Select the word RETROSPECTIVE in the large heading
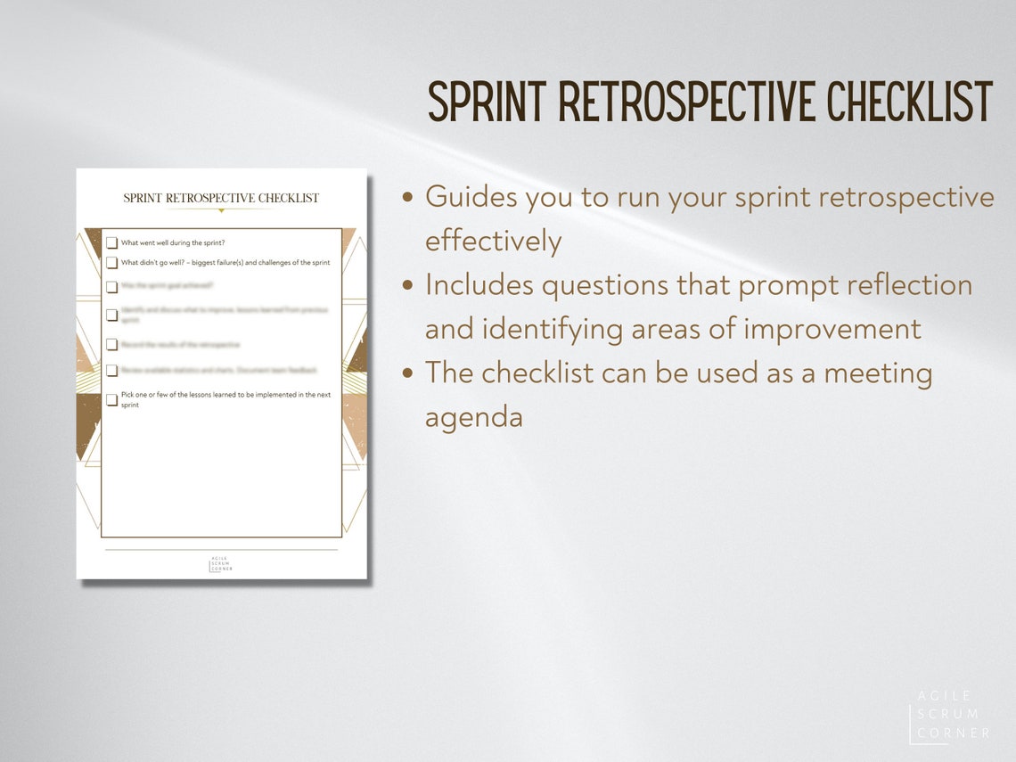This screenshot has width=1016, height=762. [686, 102]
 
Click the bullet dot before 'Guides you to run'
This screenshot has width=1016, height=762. [408, 198]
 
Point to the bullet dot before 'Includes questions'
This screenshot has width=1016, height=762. [408, 286]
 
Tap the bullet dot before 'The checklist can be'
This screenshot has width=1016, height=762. [408, 373]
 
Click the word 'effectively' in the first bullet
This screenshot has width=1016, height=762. [493, 241]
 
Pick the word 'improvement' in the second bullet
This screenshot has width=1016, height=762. [832, 329]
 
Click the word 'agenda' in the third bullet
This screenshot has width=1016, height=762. [473, 417]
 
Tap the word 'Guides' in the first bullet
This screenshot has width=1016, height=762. [471, 197]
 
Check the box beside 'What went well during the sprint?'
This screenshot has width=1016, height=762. [112, 242]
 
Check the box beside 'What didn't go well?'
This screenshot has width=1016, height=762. [112, 263]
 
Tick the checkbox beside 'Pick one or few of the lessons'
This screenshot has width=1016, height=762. [112, 399]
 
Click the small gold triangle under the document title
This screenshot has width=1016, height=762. [221, 210]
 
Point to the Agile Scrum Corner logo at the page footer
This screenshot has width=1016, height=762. [221, 564]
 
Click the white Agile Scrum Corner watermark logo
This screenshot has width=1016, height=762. [949, 715]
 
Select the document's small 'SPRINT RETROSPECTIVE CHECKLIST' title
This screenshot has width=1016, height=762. [221, 198]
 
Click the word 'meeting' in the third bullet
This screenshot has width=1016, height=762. [878, 373]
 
